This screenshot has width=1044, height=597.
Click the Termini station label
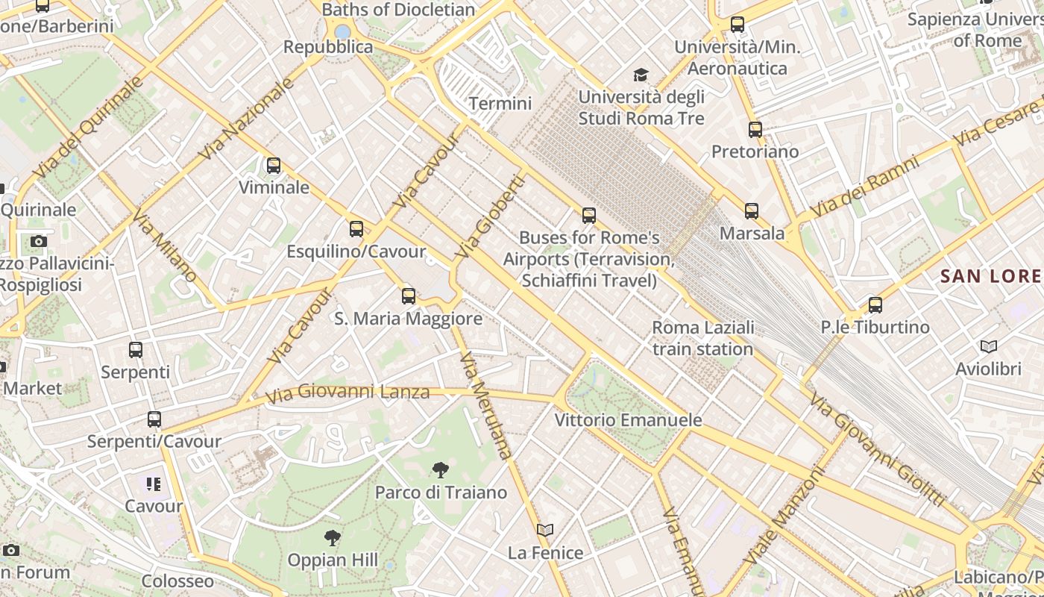tap(500, 104)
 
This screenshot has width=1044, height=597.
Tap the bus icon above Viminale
tap(274, 166)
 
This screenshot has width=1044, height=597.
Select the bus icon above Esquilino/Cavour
tap(356, 229)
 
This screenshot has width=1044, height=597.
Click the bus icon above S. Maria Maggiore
tap(408, 296)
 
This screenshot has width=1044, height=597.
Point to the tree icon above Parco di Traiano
tap(441, 470)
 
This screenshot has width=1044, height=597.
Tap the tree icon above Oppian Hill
tap(333, 537)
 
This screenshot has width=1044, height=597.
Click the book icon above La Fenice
tap(545, 531)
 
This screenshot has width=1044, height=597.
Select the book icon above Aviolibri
tap(989, 346)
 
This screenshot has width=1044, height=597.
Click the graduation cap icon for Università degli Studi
tap(641, 75)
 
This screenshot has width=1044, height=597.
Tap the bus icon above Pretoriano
tap(755, 130)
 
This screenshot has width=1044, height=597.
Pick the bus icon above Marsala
tap(752, 211)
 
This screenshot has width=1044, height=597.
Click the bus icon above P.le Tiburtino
tap(875, 305)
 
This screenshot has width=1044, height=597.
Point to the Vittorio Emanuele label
tap(628, 420)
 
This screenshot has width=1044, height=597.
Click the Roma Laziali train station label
tap(702, 338)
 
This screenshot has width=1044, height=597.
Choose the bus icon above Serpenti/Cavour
tap(154, 419)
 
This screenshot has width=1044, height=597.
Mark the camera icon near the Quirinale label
tap(39, 241)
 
